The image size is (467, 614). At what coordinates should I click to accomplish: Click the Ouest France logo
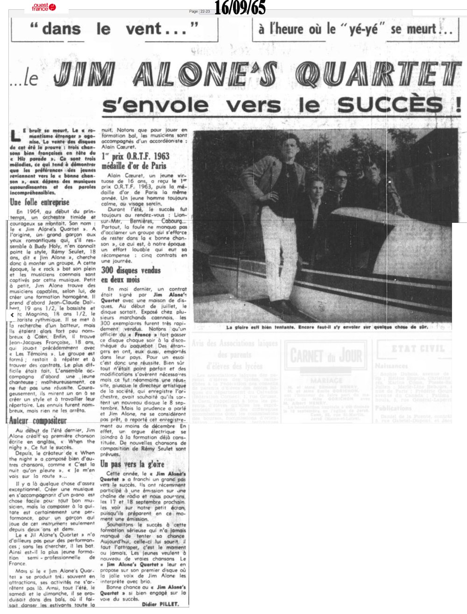click(x=43, y=7)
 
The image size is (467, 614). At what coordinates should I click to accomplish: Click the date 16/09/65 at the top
click(x=240, y=8)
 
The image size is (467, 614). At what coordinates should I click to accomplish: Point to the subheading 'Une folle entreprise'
click(x=40, y=202)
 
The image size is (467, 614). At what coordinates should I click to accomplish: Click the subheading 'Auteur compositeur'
click(x=38, y=421)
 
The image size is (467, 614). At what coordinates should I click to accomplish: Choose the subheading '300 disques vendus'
click(x=131, y=270)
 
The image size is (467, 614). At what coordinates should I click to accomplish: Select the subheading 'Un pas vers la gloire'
click(x=132, y=464)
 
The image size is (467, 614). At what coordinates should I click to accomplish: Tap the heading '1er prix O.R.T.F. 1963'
click(x=135, y=157)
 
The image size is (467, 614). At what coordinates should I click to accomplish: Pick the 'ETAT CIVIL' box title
click(x=411, y=349)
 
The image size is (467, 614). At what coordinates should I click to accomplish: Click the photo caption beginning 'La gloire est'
click(x=333, y=328)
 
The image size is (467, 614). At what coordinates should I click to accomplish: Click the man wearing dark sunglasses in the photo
click(x=340, y=176)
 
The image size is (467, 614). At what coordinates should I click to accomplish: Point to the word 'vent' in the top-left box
click(x=140, y=29)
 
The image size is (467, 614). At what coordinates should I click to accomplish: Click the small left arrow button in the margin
click(x=13, y=315)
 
